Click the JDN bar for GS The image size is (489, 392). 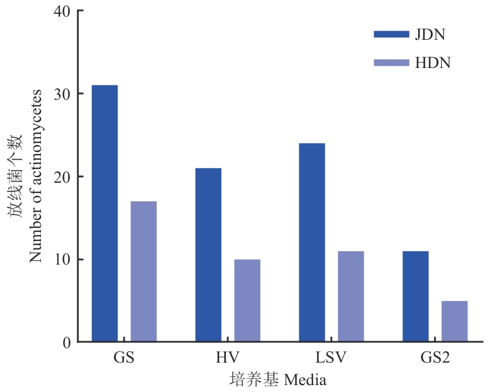104,213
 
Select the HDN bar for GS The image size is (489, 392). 144,272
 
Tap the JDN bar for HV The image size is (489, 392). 208,255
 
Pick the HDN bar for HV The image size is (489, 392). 247,300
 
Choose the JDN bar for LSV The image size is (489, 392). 312,242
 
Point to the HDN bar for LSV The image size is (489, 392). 351,296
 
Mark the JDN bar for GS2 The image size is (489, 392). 415,296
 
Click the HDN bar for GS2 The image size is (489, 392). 454,321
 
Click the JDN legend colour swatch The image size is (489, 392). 391,34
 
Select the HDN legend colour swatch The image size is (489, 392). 391,62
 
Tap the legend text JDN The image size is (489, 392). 430,34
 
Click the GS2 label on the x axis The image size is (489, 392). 435,357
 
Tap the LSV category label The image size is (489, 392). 331,357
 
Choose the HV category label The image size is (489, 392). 228,357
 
